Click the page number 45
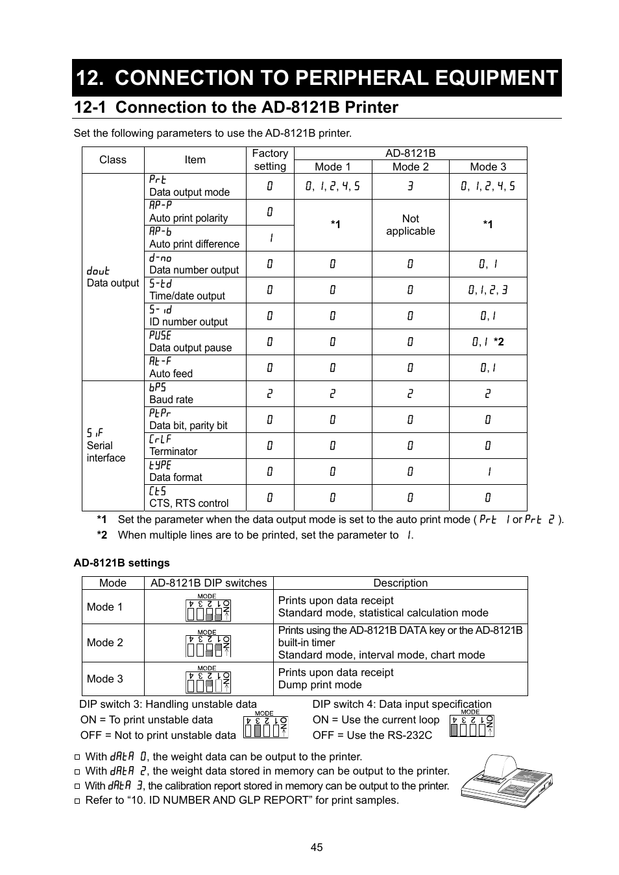(x=317, y=847)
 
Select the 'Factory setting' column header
(x=270, y=159)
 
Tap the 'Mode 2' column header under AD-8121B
(x=410, y=167)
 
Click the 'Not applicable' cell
(x=410, y=225)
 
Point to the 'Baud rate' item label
(x=171, y=399)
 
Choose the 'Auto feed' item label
(x=171, y=373)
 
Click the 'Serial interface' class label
(x=106, y=451)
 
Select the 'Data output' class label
(x=113, y=283)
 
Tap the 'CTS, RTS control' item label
(x=189, y=503)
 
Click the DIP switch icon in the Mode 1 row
(x=208, y=609)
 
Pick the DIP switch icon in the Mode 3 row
(x=208, y=680)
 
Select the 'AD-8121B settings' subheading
(x=121, y=563)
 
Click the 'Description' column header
(x=400, y=583)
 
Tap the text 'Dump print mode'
(x=320, y=684)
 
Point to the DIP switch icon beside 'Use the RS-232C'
(x=472, y=727)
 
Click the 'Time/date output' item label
(x=187, y=296)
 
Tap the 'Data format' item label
(x=176, y=477)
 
